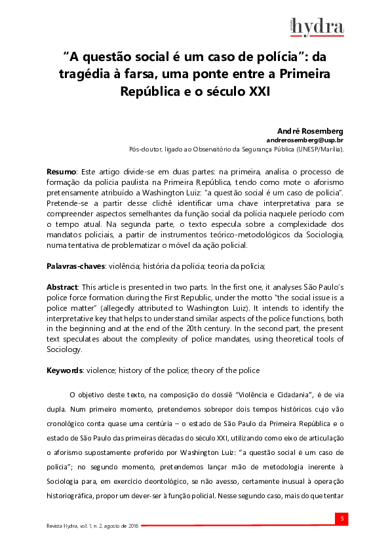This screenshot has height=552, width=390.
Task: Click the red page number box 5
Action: tap(340, 519)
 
